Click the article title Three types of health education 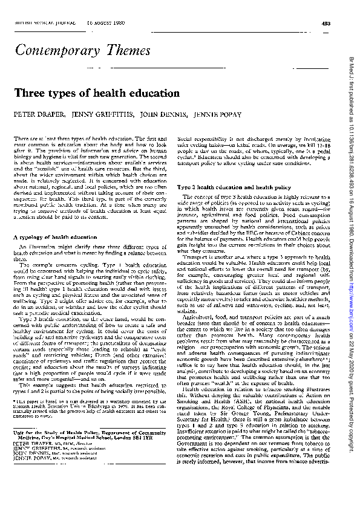tap(96, 94)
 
